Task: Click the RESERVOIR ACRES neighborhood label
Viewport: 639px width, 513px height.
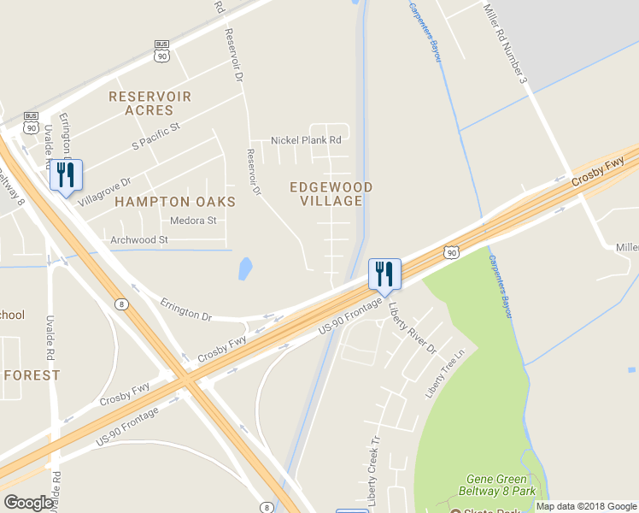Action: click(x=149, y=103)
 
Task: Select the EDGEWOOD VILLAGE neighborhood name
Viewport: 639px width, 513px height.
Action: click(x=331, y=194)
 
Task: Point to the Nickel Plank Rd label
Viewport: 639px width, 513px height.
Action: click(x=306, y=140)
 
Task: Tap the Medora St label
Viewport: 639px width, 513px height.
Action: click(x=193, y=221)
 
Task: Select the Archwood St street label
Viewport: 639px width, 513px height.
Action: click(x=138, y=240)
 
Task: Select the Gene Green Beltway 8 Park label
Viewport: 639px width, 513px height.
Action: click(x=501, y=485)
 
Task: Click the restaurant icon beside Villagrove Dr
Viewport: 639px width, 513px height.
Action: click(x=66, y=175)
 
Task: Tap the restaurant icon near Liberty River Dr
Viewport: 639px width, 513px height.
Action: click(x=384, y=274)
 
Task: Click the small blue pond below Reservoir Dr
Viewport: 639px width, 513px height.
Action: click(x=245, y=269)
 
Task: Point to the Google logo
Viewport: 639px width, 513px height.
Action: click(x=28, y=503)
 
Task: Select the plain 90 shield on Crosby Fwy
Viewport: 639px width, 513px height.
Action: click(x=452, y=251)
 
